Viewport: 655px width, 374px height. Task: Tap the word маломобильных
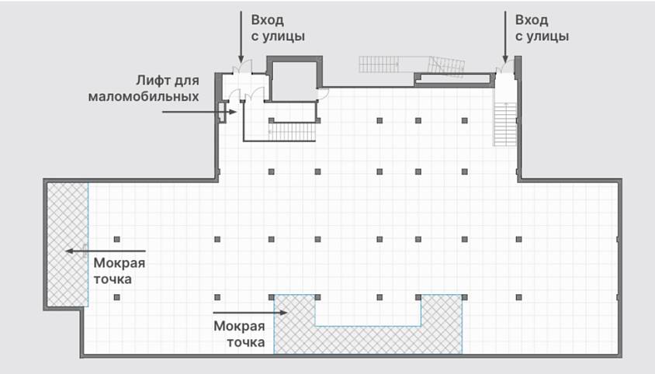144,96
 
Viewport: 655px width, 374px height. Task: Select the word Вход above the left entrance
267,20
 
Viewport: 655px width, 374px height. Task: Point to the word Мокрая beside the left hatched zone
119,263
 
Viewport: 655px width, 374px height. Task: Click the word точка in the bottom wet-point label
245,342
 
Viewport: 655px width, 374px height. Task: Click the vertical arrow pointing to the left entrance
241,36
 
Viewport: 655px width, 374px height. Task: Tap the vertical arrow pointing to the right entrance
505,36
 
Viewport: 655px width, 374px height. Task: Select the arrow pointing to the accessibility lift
199,112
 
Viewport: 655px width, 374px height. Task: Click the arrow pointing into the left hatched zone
106,251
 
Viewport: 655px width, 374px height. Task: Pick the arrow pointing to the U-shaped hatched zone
250,312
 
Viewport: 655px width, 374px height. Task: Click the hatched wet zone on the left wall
68,244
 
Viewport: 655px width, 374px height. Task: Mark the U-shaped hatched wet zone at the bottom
368,339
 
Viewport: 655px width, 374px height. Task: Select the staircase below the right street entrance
505,124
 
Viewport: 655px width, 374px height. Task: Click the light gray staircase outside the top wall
411,66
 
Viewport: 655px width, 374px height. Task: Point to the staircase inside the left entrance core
292,132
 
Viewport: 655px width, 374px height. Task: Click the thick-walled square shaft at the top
294,78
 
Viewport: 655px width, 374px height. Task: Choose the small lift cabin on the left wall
222,112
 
